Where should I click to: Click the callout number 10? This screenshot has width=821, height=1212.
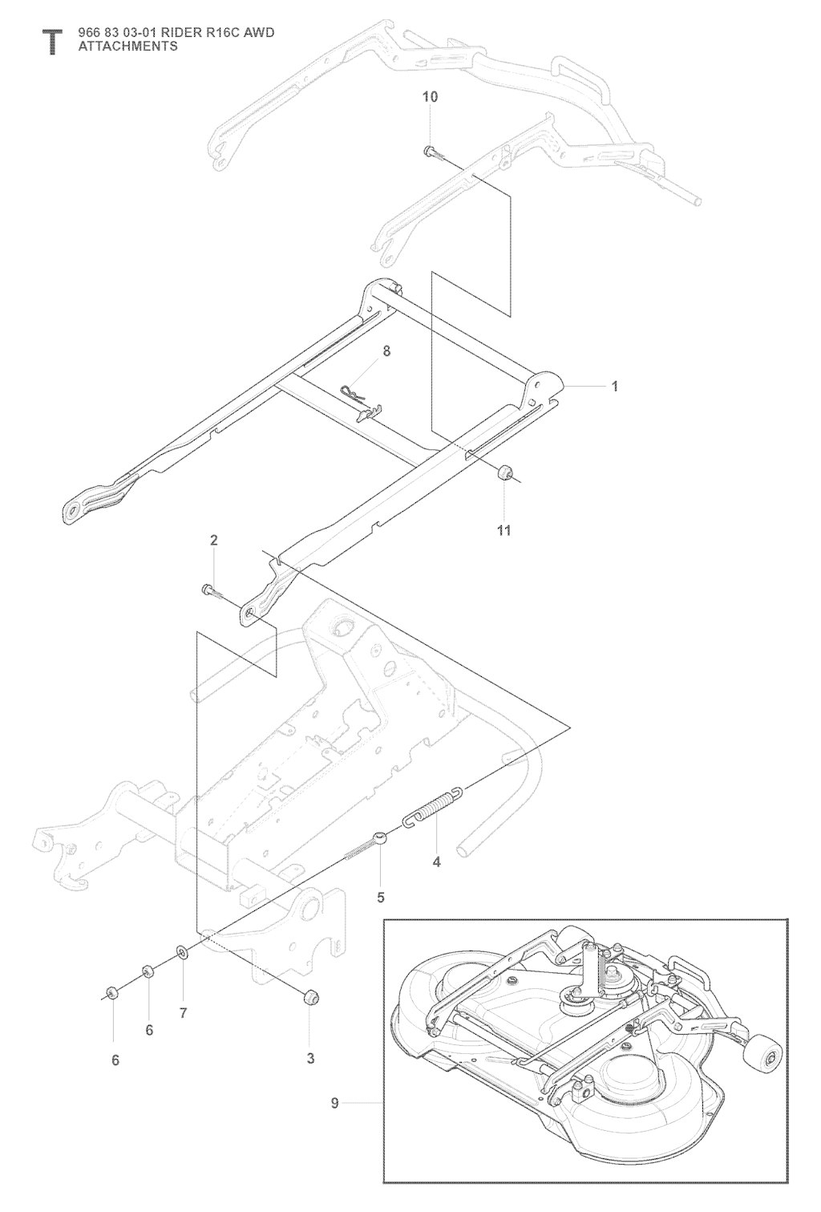[x=430, y=97]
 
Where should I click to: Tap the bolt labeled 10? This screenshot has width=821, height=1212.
[x=431, y=150]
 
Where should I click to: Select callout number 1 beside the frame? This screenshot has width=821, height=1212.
[x=615, y=387]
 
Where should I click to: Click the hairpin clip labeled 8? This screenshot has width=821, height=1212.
[x=357, y=395]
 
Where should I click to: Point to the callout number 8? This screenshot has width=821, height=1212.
[x=386, y=351]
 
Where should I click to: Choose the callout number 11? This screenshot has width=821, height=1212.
[x=504, y=530]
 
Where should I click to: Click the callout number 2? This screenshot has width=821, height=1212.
[x=214, y=541]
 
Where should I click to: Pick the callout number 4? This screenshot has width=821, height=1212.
[x=436, y=863]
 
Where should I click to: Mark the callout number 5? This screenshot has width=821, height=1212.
[x=381, y=898]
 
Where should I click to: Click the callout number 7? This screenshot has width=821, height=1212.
[x=183, y=1014]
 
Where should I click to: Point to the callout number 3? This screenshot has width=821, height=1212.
[x=310, y=1059]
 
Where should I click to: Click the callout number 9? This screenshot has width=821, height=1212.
[x=335, y=1104]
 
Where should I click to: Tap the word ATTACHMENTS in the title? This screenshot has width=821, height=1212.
[x=127, y=47]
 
